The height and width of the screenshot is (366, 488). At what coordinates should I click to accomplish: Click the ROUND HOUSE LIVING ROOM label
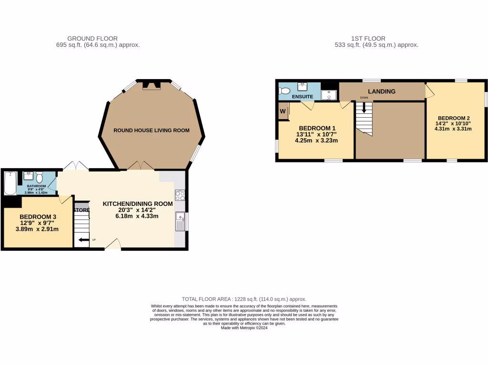[151, 130]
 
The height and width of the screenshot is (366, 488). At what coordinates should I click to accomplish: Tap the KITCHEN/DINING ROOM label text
[138, 204]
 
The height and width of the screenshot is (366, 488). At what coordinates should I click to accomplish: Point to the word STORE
[81, 210]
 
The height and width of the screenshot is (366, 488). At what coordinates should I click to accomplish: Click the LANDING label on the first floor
[382, 91]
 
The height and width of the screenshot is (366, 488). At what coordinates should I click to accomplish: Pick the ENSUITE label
[302, 97]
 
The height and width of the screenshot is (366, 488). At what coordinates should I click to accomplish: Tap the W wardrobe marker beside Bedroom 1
[283, 112]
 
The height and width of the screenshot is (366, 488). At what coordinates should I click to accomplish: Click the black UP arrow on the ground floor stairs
[84, 240]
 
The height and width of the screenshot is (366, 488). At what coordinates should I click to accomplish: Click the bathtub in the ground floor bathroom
[9, 183]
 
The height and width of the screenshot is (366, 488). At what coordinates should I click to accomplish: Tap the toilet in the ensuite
[285, 90]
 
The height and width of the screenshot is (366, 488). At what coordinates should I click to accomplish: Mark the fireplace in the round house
[152, 86]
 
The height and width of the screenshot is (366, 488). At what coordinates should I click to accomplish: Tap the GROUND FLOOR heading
[92, 39]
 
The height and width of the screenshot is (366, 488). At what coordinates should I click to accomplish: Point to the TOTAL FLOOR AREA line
[244, 299]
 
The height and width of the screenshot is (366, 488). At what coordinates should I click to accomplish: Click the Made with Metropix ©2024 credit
[244, 327]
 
